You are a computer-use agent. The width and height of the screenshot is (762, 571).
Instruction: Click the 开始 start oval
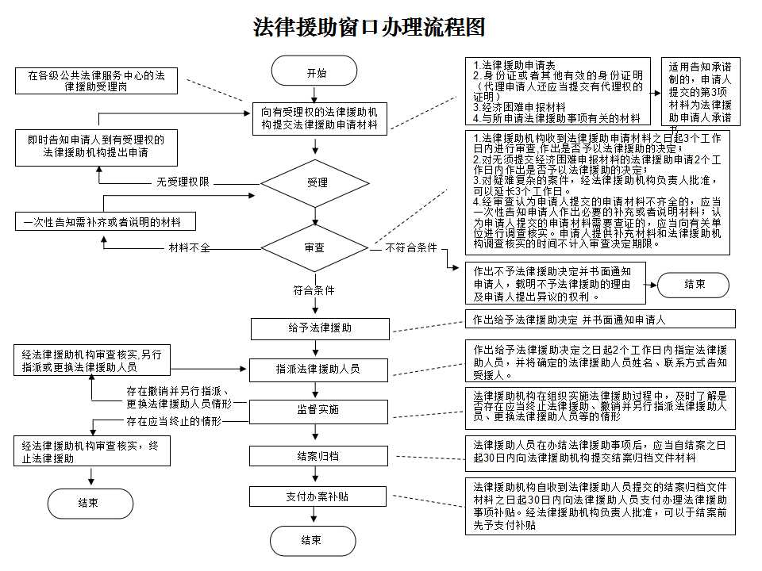[317, 72]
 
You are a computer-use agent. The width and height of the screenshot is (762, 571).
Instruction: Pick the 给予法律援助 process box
[320, 328]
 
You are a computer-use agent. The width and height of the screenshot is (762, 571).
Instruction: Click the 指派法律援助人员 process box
[320, 370]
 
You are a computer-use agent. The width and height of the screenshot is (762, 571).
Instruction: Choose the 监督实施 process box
[320, 410]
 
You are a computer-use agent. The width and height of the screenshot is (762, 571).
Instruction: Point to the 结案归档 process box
[320, 456]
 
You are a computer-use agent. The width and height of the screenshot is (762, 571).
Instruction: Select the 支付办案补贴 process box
[320, 496]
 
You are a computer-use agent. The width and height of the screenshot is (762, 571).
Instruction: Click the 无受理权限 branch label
[183, 182]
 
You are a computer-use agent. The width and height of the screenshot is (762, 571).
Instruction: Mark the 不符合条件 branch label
[411, 248]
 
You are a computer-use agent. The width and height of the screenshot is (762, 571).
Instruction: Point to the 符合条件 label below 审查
[314, 290]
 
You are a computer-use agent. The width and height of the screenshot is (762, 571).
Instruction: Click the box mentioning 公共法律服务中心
[96, 81]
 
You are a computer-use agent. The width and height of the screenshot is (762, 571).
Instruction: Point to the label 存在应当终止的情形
[174, 421]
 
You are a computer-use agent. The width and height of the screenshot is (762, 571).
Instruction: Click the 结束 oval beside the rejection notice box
[695, 284]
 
